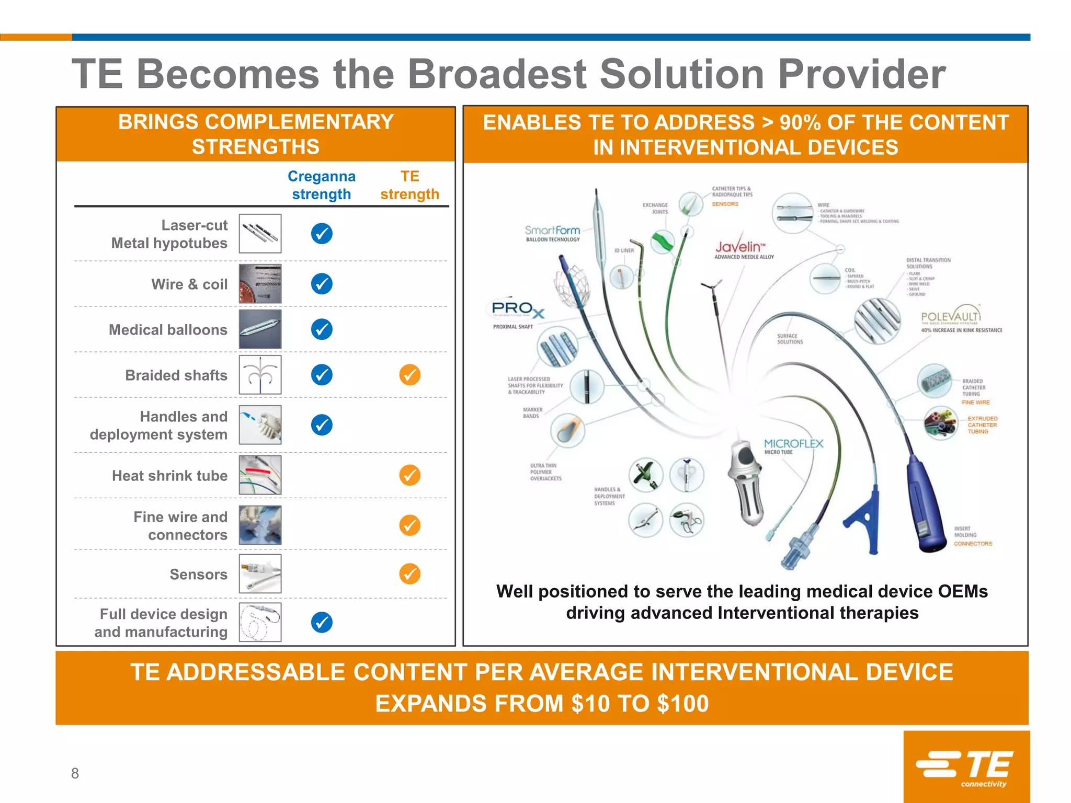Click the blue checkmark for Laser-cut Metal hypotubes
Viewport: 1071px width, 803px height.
click(322, 234)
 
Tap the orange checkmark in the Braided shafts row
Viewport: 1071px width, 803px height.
click(409, 375)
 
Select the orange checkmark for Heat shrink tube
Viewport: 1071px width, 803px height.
click(409, 475)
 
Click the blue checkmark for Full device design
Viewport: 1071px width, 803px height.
click(322, 622)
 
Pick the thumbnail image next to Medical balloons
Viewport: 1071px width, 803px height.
click(260, 329)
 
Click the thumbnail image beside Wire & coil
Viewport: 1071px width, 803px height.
click(260, 284)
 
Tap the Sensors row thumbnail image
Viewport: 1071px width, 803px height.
click(260, 574)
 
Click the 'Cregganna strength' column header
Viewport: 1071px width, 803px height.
click(322, 185)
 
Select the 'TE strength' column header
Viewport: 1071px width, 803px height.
click(409, 185)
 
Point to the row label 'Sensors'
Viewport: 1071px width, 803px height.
click(198, 575)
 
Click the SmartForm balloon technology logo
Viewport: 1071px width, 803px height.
click(552, 233)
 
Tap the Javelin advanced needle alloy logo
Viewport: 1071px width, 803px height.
click(743, 249)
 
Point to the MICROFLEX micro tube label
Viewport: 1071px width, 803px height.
click(793, 445)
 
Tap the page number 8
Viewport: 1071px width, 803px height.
click(75, 773)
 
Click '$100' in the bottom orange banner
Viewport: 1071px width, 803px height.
click(683, 704)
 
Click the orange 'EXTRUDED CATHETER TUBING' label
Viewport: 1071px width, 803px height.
click(982, 425)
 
